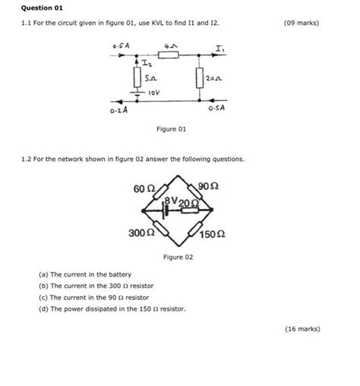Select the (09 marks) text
301,23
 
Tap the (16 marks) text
302,329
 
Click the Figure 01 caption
171,129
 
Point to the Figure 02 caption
178,258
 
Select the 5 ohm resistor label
151,78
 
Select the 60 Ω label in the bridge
144,187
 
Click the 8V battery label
174,201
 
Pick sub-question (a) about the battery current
85,274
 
